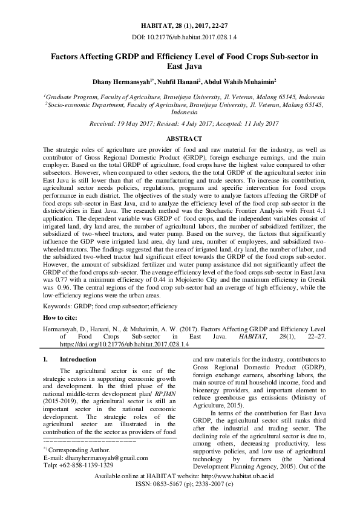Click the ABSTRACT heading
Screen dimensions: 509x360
pos(180,138)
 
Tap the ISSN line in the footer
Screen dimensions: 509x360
pos(180,485)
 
